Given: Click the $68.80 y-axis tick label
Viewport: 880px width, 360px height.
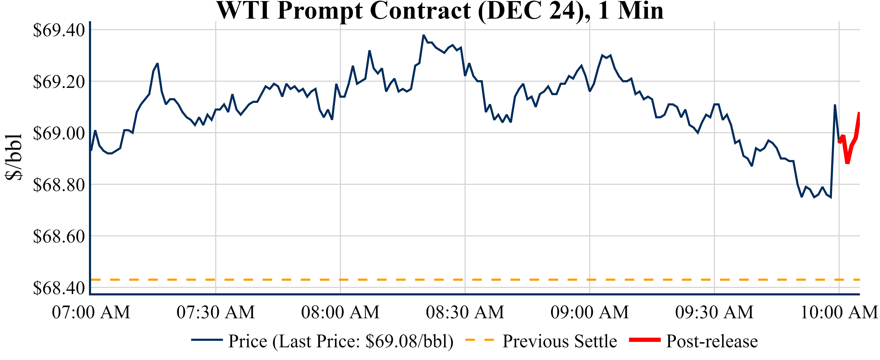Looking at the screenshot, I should click(x=59, y=185).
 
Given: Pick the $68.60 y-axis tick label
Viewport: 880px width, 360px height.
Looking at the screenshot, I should click(x=59, y=236).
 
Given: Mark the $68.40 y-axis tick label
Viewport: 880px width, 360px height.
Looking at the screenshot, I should click(x=59, y=288).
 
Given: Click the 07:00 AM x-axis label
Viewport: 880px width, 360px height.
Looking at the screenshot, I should click(x=91, y=312).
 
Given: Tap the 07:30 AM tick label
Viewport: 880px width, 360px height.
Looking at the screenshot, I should click(x=216, y=312).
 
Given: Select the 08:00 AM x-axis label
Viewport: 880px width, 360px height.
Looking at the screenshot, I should click(x=340, y=312).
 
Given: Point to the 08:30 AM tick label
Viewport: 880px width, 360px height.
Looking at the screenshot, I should click(x=465, y=312).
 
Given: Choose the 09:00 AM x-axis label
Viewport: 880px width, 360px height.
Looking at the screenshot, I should click(x=590, y=312).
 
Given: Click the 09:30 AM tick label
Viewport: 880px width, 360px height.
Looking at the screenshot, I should click(x=714, y=312).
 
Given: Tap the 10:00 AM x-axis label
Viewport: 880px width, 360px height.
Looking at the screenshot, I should click(x=839, y=312).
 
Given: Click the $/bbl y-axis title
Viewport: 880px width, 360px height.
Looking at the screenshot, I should click(x=14, y=156).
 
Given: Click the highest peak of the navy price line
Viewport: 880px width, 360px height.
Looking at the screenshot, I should click(x=424, y=35).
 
